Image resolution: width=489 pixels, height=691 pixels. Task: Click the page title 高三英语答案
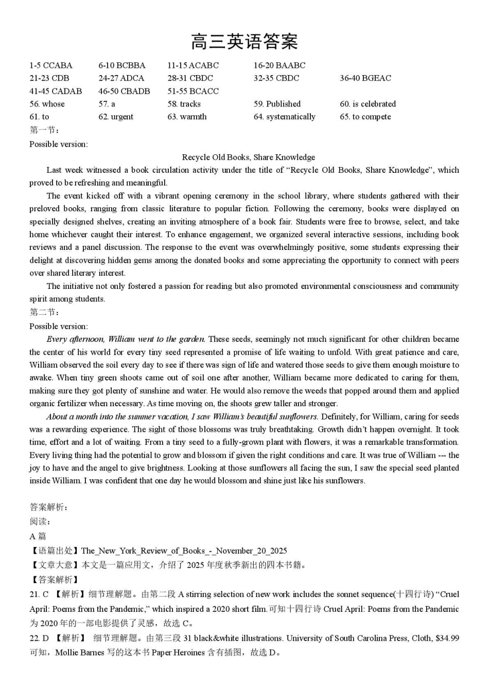(x=244, y=42)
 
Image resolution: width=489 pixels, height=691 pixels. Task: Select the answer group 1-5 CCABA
(x=51, y=65)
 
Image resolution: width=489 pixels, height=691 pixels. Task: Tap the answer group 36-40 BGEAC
(x=365, y=78)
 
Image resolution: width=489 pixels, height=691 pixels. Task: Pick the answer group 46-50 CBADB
(x=124, y=91)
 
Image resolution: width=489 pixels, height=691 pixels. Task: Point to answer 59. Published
(x=277, y=104)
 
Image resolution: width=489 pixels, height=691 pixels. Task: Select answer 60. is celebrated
(x=368, y=104)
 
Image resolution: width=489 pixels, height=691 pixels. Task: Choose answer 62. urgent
(x=116, y=117)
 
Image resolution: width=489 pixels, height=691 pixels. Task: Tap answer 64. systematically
(x=284, y=117)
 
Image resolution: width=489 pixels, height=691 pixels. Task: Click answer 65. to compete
(x=365, y=117)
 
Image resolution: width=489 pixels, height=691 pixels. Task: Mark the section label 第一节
(x=43, y=130)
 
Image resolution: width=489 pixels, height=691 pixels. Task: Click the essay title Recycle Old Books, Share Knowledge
(x=249, y=157)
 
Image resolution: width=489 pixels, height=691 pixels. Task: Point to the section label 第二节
(x=43, y=312)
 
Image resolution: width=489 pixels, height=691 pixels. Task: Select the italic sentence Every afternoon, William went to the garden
(x=126, y=339)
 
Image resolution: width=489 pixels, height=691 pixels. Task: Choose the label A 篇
(x=38, y=536)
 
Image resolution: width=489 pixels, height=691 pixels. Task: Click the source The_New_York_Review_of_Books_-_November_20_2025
(x=184, y=551)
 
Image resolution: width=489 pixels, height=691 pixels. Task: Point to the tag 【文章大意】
(x=55, y=565)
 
